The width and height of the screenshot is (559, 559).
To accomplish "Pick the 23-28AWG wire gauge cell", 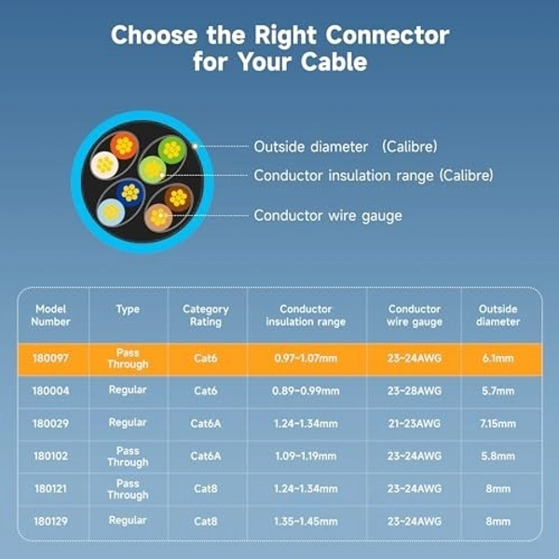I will click(414, 390).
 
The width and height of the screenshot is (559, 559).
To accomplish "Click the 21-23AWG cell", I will click(414, 423).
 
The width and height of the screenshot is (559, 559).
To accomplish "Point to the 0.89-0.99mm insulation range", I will click(306, 390).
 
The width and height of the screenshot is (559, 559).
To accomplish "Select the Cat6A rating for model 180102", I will click(206, 456).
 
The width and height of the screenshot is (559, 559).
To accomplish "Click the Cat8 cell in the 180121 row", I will click(206, 488).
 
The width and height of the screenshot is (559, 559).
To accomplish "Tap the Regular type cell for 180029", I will click(128, 423).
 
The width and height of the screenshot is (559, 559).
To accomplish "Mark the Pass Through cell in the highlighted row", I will click(128, 359).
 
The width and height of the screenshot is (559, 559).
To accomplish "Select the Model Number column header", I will click(51, 315).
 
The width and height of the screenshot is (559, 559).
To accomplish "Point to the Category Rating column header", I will click(206, 315).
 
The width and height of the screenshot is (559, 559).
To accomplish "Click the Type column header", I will click(128, 309).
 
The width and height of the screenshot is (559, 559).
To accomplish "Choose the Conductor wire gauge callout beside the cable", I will click(328, 215).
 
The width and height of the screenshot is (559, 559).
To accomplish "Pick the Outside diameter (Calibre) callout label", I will click(346, 146).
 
